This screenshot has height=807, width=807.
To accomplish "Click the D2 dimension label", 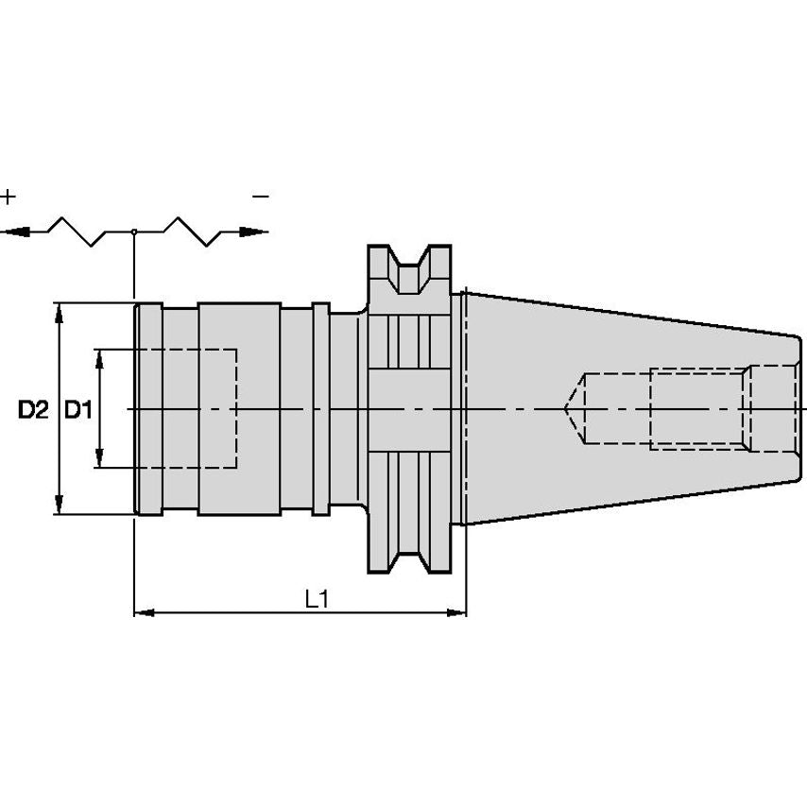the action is (x=33, y=410).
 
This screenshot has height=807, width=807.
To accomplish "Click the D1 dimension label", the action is (x=78, y=410).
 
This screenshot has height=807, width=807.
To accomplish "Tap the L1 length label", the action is (x=317, y=599).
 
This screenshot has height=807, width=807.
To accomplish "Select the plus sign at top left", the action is (x=9, y=197).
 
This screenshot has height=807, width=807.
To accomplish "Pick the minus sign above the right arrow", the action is (x=261, y=197).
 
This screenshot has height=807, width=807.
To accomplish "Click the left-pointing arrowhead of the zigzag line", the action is (x=14, y=232).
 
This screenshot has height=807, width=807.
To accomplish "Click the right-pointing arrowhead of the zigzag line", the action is (x=254, y=232).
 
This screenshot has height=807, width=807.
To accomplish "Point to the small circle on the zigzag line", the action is (x=134, y=232).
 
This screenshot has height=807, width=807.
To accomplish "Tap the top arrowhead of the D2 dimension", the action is (x=60, y=314).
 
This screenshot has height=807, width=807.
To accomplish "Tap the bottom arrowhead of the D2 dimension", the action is (x=60, y=504).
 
